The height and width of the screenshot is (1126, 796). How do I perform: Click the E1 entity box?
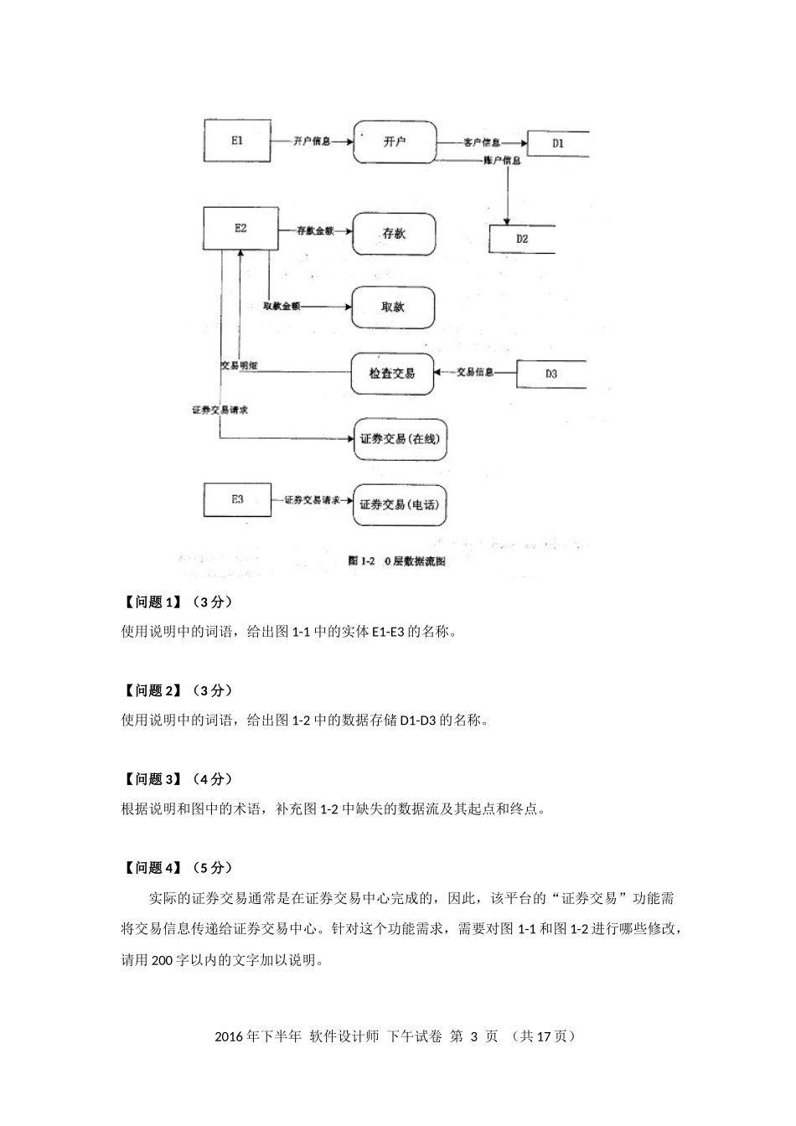(x=237, y=141)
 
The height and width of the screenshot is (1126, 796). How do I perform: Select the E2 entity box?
(x=240, y=228)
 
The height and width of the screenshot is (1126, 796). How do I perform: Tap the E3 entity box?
(x=238, y=499)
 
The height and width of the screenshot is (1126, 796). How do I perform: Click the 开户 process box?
(x=394, y=142)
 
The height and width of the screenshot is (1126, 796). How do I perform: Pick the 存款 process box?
(x=393, y=234)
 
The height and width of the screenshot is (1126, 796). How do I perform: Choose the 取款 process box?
(x=392, y=307)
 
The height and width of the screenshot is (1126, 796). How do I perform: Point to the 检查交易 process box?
(x=391, y=373)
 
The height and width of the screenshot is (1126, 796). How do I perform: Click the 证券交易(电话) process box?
(x=399, y=504)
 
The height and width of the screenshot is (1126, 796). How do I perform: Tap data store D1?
(x=558, y=143)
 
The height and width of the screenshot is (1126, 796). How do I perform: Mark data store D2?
(x=522, y=239)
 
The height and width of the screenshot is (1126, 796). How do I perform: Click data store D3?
(x=550, y=374)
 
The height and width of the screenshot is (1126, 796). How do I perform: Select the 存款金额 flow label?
(x=315, y=230)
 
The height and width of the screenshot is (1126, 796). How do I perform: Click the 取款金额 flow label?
(x=282, y=307)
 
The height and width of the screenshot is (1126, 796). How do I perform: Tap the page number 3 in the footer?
(x=473, y=1036)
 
